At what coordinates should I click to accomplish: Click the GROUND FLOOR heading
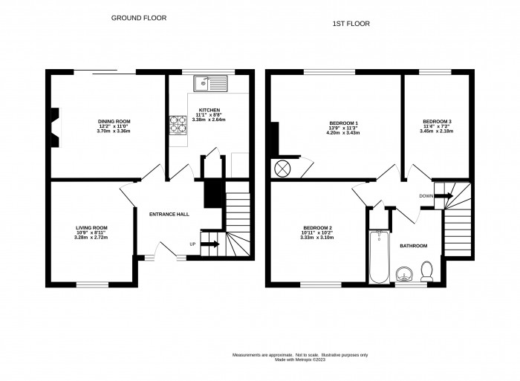(138, 17)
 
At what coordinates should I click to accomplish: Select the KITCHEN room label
(209, 109)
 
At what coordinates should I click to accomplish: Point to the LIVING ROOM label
(91, 227)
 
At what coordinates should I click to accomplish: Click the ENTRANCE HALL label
(169, 214)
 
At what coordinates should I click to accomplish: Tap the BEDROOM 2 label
(317, 227)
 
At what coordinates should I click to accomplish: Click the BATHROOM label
(414, 245)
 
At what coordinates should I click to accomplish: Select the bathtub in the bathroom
(379, 257)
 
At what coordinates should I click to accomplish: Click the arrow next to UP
(211, 244)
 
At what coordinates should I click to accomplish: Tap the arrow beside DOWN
(443, 196)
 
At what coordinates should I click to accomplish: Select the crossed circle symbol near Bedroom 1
(283, 169)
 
